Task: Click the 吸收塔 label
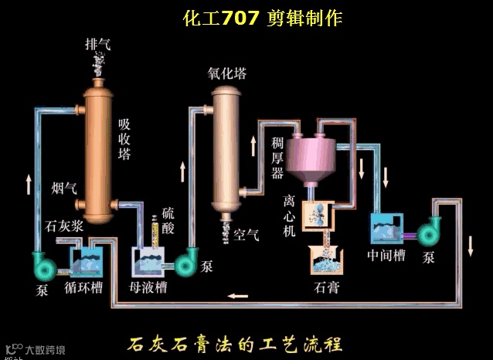click(x=124, y=139)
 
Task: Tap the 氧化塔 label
click(x=226, y=74)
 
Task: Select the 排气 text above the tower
click(x=97, y=44)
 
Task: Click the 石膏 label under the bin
click(x=325, y=287)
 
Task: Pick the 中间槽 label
click(x=386, y=255)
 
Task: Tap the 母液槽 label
click(x=148, y=287)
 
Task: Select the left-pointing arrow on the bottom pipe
click(x=237, y=294)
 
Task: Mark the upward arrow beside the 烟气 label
click(x=29, y=183)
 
